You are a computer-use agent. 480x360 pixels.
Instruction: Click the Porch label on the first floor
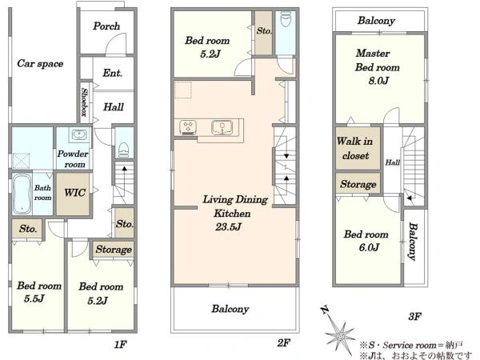(106, 26)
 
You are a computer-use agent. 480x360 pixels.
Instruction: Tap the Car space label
(40, 64)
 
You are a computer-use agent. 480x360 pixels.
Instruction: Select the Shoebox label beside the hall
(84, 102)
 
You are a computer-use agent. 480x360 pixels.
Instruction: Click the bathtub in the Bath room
(22, 194)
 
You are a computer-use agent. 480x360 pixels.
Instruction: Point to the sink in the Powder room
(79, 134)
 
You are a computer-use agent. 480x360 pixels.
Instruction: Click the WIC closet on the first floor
(74, 194)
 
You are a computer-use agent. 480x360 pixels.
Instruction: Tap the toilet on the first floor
(124, 150)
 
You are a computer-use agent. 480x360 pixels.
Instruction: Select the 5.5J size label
(34, 298)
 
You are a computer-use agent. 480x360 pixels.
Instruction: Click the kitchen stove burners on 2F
(188, 127)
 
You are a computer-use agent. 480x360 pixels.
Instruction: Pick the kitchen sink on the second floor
(222, 127)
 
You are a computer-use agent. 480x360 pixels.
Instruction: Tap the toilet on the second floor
(286, 19)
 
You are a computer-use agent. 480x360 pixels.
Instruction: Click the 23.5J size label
(228, 227)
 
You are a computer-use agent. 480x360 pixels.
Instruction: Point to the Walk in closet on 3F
(358, 149)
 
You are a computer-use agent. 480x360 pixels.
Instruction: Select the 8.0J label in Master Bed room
(378, 81)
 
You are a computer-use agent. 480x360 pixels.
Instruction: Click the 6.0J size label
(369, 247)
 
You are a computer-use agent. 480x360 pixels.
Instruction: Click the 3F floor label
(414, 317)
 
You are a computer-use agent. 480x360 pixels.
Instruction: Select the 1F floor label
(120, 345)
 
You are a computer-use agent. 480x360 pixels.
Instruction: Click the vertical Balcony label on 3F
(413, 242)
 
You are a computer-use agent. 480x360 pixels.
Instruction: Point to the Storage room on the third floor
(358, 183)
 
